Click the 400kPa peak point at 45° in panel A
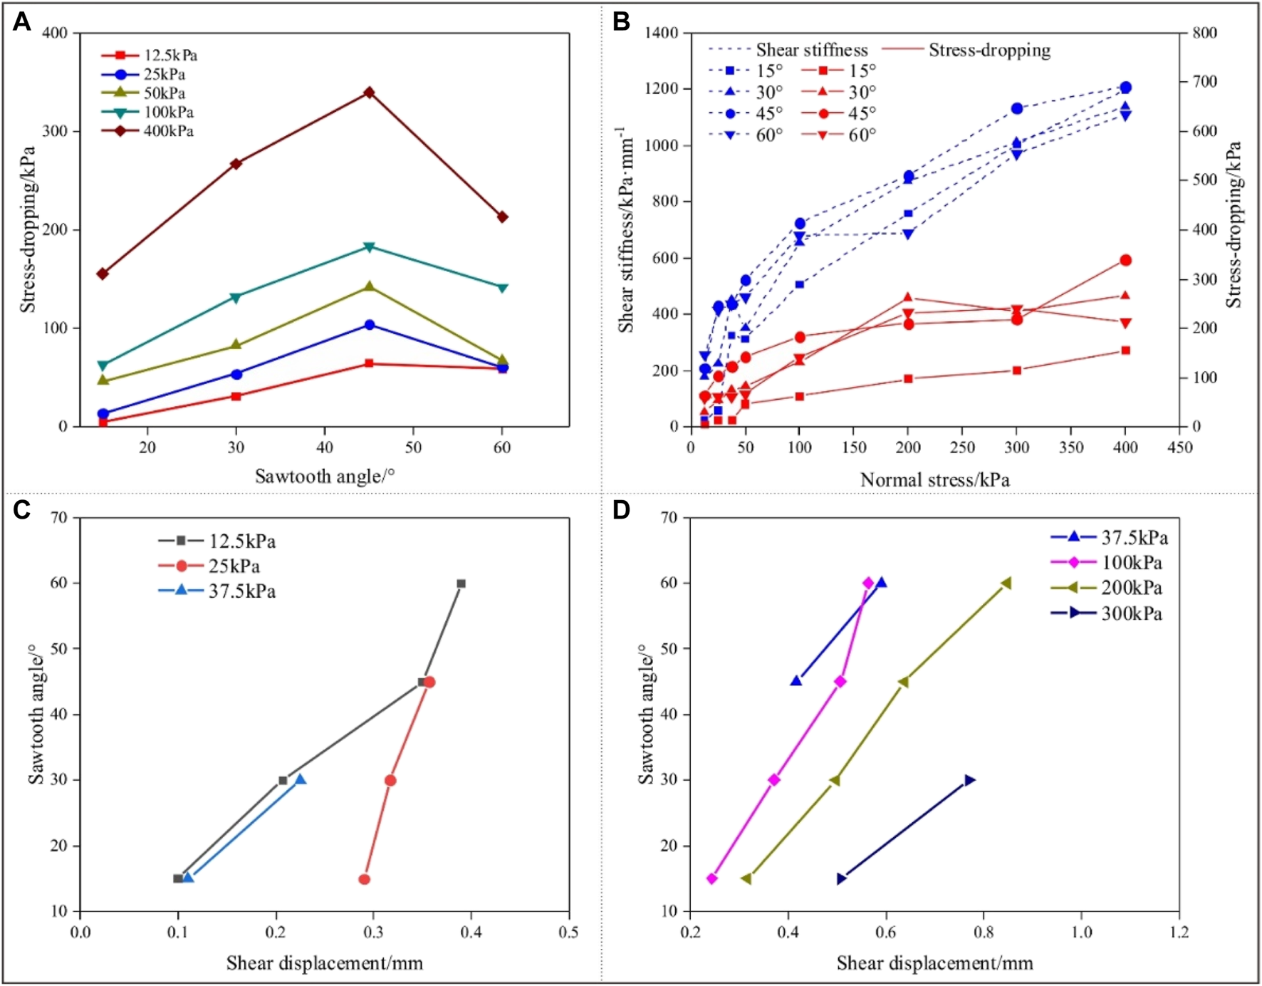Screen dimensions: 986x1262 tap(369, 93)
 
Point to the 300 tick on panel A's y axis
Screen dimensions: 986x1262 tap(55, 132)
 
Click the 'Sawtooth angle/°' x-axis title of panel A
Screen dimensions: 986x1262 tap(325, 476)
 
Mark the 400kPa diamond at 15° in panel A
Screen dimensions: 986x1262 tap(103, 274)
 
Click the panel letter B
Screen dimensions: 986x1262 tap(621, 21)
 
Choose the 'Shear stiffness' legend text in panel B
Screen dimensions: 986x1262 tap(812, 50)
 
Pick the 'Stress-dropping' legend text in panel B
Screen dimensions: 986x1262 tap(989, 50)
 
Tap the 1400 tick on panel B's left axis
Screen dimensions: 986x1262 tap(662, 33)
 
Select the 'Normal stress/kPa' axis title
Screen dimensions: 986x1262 tap(934, 479)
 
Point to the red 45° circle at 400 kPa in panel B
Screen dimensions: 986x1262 tap(1125, 260)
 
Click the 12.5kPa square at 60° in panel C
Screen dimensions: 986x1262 tap(461, 583)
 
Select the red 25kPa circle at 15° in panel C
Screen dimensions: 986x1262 tap(364, 879)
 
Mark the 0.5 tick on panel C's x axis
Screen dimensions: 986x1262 tap(568, 932)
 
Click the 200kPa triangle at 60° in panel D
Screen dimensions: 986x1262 tap(1006, 583)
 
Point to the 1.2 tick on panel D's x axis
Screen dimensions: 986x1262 tap(1179, 932)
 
